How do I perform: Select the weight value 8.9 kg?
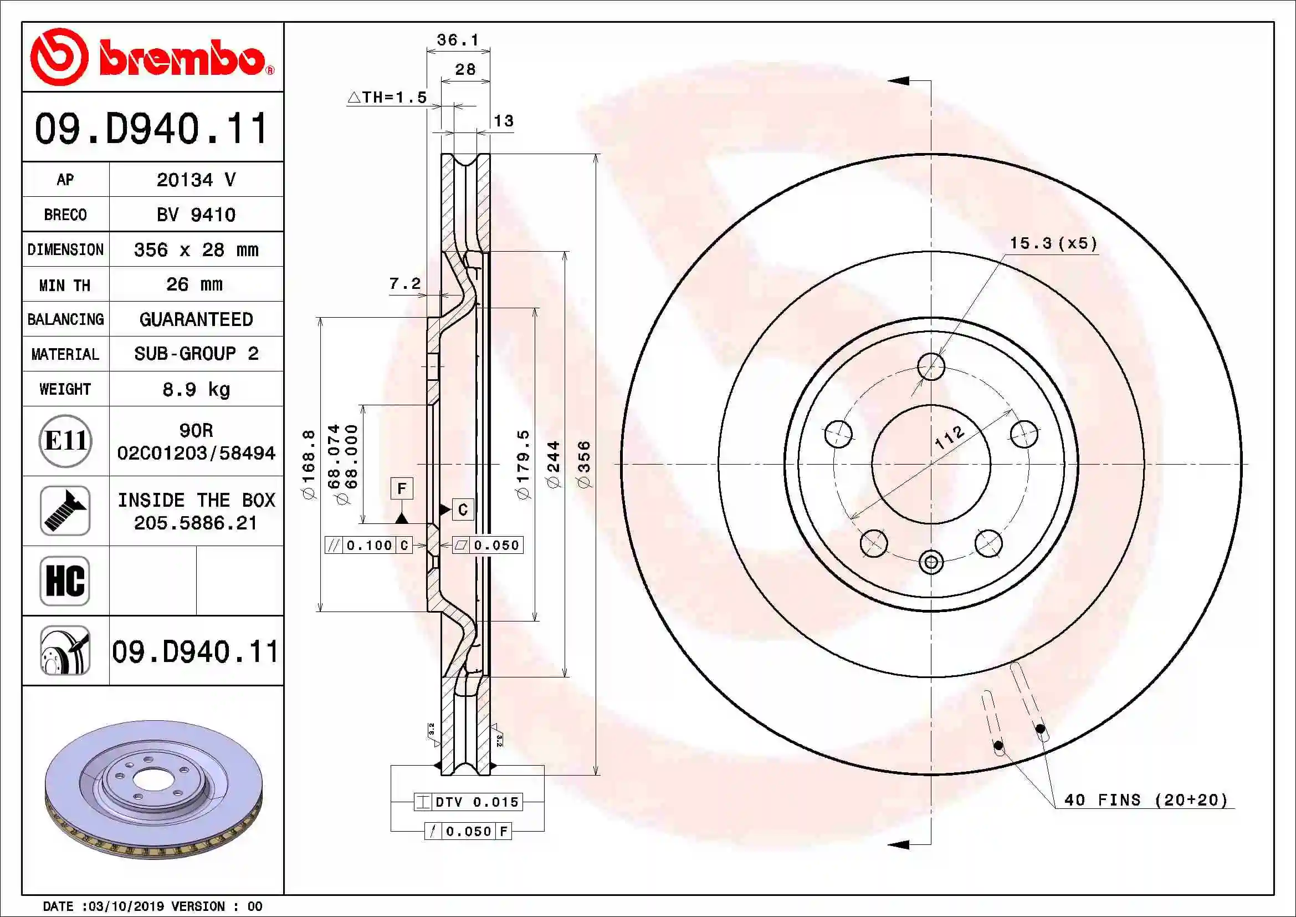[x=196, y=390]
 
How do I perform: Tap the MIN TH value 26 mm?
[x=194, y=284]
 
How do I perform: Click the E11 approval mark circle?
[x=65, y=441]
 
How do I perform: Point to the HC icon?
[x=65, y=580]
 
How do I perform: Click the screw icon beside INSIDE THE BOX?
[x=65, y=511]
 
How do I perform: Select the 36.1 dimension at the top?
[x=457, y=40]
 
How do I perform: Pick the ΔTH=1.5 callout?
[x=387, y=97]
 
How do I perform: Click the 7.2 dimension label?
[x=404, y=283]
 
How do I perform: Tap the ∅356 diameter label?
[x=585, y=464]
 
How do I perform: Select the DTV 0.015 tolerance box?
[x=468, y=802]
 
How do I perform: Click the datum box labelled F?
[x=401, y=488]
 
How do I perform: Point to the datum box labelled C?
[x=463, y=510]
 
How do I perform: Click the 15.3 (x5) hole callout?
[x=1053, y=243]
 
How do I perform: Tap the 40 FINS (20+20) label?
[x=1145, y=800]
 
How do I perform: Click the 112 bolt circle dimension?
[x=950, y=437]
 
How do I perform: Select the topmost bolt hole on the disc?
[x=931, y=366]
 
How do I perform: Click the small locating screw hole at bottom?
[x=931, y=562]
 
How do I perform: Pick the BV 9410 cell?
[x=196, y=215]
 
